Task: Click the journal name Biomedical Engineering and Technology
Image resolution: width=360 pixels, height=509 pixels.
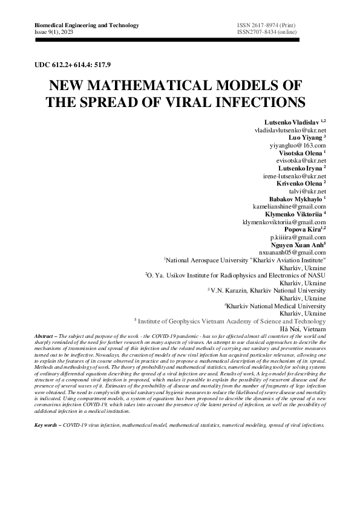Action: click(x=79, y=25)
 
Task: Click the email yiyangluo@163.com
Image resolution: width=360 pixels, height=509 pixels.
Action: click(x=298, y=146)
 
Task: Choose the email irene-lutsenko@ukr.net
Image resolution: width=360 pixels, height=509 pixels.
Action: click(x=295, y=177)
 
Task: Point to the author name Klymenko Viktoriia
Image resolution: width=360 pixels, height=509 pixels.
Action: click(x=293, y=214)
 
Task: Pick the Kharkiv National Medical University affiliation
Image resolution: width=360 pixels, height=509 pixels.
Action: click(x=275, y=306)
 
